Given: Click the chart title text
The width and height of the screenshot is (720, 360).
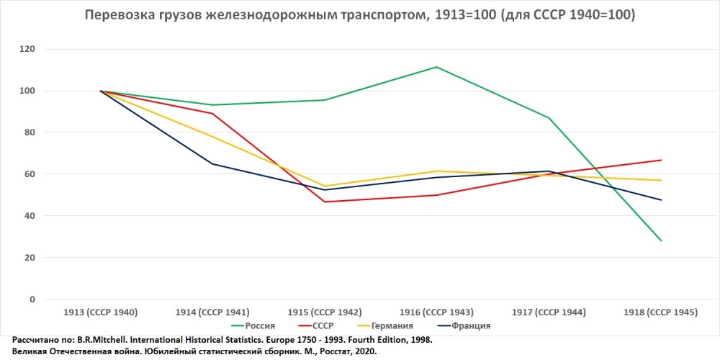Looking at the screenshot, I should (x=360, y=15).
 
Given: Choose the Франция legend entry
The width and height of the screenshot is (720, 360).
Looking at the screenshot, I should (x=467, y=325).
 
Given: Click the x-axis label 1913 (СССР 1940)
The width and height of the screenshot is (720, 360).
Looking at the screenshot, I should (x=100, y=312).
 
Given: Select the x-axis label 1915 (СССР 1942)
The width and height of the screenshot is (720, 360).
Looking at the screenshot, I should (x=325, y=312).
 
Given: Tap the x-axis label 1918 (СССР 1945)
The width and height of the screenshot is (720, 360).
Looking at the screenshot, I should (x=661, y=312).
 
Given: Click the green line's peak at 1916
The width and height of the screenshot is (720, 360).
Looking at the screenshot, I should (x=436, y=67).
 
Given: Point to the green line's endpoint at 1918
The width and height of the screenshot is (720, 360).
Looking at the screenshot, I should (x=661, y=240).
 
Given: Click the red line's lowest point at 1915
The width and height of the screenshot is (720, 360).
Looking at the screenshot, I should (x=325, y=202).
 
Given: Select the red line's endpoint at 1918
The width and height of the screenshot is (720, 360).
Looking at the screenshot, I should (x=661, y=160).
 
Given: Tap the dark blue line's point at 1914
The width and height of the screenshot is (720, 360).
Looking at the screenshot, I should (x=212, y=164).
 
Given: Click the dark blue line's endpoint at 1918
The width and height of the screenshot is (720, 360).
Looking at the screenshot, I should (x=661, y=200).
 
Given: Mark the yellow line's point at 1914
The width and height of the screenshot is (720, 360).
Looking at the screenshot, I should (x=212, y=136).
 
